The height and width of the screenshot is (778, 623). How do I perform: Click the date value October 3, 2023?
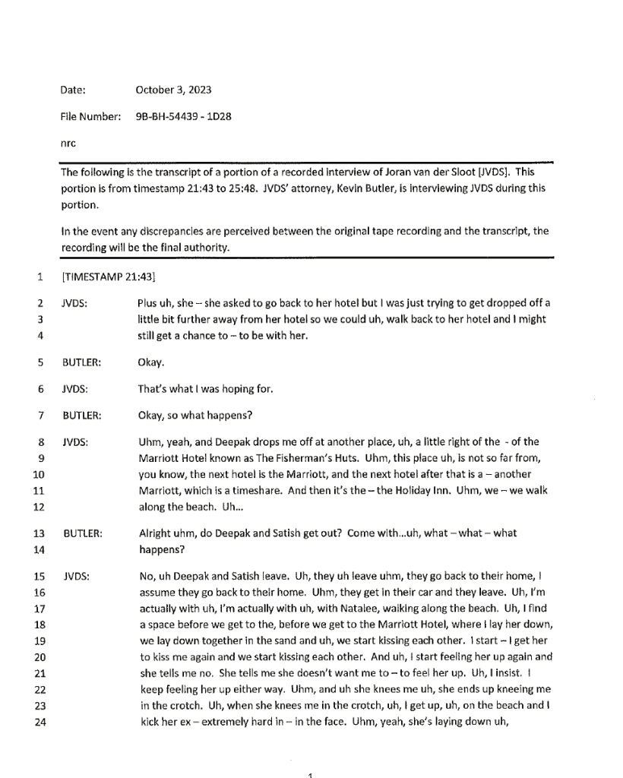(173, 90)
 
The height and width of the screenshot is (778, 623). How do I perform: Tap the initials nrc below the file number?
(68, 142)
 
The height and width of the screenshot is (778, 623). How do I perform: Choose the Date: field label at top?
(73, 90)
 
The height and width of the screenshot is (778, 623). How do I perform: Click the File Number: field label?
(90, 116)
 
